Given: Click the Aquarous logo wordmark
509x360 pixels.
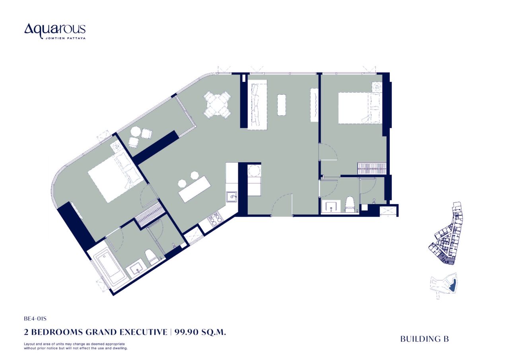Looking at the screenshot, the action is click(55, 30).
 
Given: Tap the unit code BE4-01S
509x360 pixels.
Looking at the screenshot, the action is click(35, 319).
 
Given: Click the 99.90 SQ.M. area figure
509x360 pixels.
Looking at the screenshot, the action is click(200, 332).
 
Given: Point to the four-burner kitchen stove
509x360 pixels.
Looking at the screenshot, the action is click(216, 219).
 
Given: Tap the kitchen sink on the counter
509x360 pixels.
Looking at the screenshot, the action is click(232, 197).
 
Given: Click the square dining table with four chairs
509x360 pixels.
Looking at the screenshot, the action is click(217, 105).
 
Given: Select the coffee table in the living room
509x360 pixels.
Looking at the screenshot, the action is click(282, 105).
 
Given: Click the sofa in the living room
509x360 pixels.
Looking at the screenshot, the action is click(257, 105).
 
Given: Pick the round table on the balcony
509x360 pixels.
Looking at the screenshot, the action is click(136, 131).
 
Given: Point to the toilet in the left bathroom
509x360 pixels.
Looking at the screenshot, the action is click(151, 257).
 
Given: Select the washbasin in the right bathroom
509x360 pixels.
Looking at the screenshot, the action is click(331, 206).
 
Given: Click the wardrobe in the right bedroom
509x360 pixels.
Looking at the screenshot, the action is click(372, 168).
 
